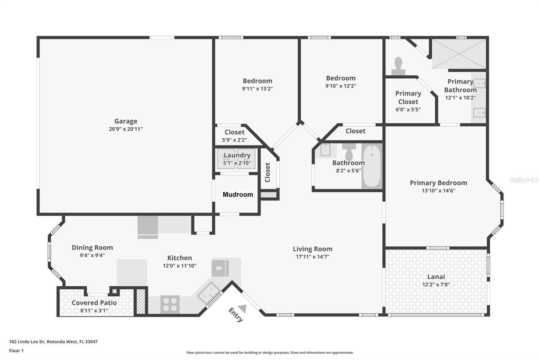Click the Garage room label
126,121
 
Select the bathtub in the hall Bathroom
372,166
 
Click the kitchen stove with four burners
170,304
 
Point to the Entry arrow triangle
243,308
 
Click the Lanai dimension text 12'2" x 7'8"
436,285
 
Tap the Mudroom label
238,195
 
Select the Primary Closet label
408,97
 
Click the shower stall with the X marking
459,54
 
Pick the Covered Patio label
94,303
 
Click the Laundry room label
237,155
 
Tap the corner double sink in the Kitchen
209,292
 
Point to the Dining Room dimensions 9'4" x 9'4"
92,256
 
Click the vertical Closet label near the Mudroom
268,172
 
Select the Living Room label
313,249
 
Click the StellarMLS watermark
524,180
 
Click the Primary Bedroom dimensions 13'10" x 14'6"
438,190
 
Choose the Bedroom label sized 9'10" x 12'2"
341,78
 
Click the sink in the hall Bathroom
325,150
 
